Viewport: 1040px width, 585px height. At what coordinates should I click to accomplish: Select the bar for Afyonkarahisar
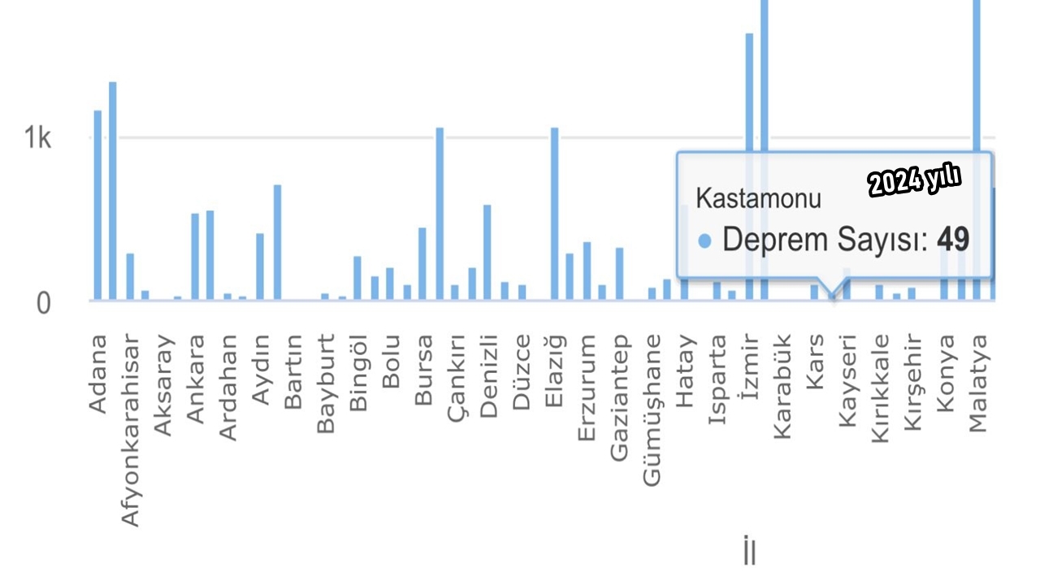tap(130, 277)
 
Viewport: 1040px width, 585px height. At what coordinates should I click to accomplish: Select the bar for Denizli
tap(487, 252)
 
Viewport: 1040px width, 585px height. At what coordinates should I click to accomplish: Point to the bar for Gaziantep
tap(619, 274)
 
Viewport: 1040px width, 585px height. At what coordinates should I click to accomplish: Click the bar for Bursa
tap(422, 263)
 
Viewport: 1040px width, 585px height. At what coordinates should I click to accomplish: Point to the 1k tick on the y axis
tap(37, 139)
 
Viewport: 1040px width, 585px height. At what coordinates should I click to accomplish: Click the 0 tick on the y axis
tap(42, 303)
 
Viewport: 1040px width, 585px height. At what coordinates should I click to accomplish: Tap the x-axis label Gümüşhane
tap(652, 409)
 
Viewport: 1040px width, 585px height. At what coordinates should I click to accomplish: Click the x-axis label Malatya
tap(977, 383)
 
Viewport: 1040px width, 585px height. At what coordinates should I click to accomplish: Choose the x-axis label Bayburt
tap(326, 383)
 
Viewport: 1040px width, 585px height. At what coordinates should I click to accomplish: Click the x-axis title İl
tap(749, 552)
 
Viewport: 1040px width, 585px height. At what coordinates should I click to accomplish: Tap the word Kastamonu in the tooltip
tap(759, 199)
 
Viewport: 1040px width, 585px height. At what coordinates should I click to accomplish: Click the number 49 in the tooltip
tap(953, 240)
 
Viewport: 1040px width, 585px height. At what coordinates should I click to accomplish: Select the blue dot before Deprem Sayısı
tap(705, 241)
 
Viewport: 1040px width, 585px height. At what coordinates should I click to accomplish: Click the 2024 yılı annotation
tap(914, 181)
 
